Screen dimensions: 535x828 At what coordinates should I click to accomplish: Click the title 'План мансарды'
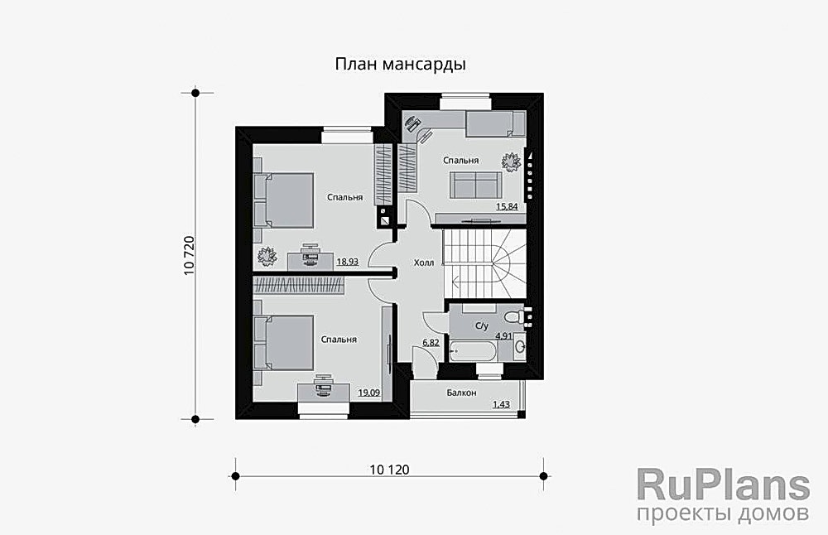point(400,65)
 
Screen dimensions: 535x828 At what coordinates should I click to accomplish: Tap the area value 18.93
point(347,262)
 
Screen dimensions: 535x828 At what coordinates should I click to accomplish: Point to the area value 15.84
point(507,206)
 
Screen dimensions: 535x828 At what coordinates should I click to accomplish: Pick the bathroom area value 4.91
point(503,336)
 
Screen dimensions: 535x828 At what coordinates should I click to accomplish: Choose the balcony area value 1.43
point(501,404)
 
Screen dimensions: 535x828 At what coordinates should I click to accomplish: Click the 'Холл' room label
point(423,263)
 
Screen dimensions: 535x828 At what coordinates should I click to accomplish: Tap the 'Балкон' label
point(460,393)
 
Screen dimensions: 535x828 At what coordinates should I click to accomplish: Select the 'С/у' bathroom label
point(481,326)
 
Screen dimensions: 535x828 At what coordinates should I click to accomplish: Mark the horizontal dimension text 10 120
point(389,470)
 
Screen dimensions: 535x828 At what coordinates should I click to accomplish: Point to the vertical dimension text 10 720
point(190,255)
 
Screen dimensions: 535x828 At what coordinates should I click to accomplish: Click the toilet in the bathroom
point(515,316)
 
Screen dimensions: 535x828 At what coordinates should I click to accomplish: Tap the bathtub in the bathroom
point(473,350)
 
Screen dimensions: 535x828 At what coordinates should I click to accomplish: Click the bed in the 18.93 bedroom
point(283,199)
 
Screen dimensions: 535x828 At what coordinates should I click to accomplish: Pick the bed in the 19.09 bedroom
point(283,343)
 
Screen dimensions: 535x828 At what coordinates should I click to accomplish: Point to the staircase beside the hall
point(484,261)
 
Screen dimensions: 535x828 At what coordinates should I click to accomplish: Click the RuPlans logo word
point(723,484)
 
